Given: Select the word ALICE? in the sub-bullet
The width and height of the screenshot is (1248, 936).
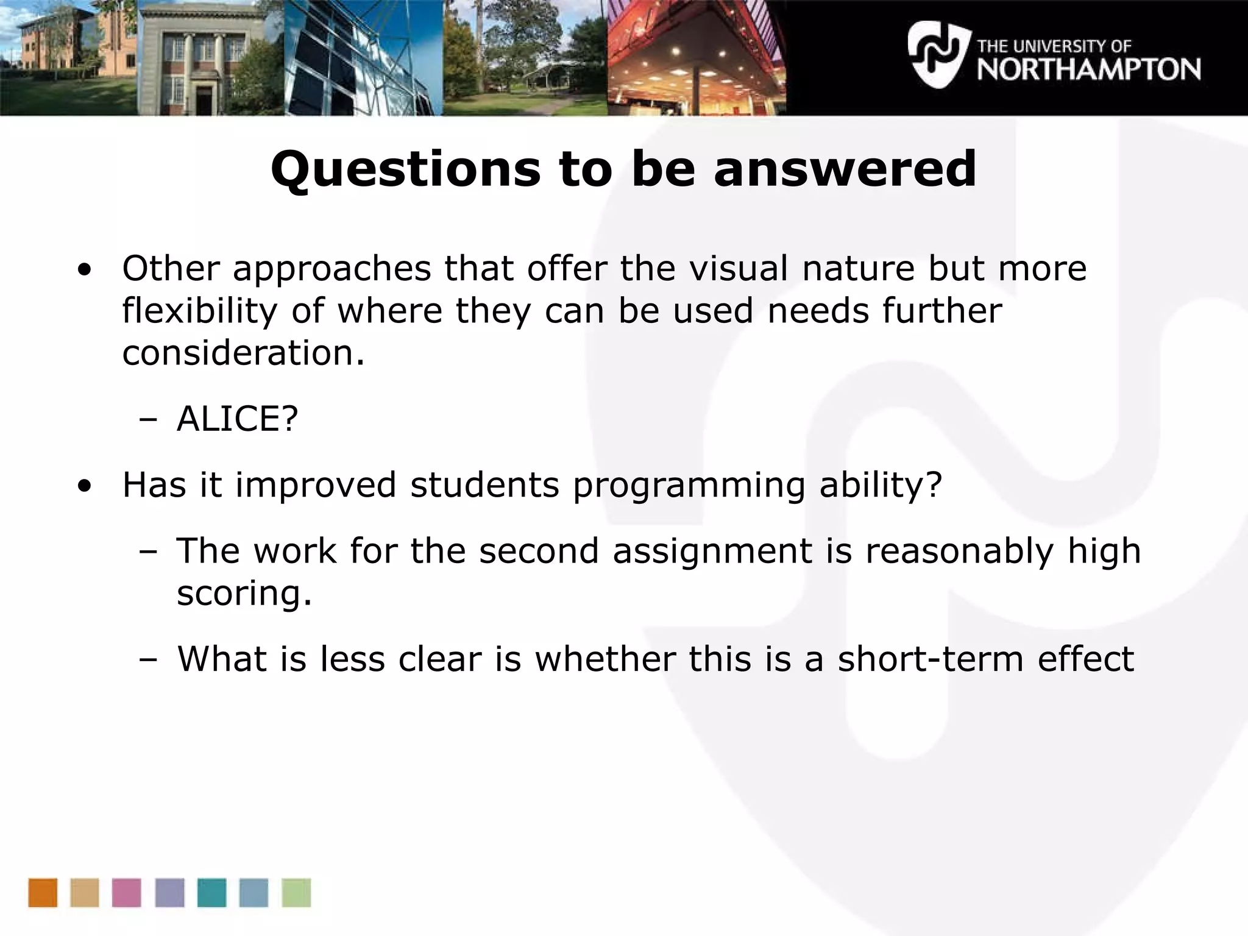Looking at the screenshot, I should [x=237, y=419].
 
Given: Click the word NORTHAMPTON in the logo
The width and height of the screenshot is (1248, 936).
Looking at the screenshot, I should [x=1088, y=69].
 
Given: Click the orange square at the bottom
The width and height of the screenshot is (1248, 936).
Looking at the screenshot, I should [x=43, y=893].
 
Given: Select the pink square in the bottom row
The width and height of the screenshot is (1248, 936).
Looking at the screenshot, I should [x=127, y=893].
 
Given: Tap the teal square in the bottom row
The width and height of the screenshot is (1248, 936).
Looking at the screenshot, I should [x=211, y=893].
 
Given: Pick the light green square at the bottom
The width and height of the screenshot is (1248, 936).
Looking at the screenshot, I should [x=296, y=893].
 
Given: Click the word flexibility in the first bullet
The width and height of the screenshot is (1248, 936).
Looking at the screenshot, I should [x=200, y=311].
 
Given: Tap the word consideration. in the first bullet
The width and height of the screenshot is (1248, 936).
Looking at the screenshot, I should [x=243, y=353].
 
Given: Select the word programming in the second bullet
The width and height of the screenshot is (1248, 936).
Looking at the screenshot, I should [x=689, y=486].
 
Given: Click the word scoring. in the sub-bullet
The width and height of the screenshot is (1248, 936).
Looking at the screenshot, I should [x=244, y=593].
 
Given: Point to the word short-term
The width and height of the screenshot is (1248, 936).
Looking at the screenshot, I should [x=930, y=659].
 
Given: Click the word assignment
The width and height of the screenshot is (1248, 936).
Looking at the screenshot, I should [x=712, y=551].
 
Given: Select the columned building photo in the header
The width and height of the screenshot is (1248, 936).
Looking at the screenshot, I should [x=210, y=58].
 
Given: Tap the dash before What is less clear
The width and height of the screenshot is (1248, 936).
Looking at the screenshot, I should [x=147, y=659].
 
